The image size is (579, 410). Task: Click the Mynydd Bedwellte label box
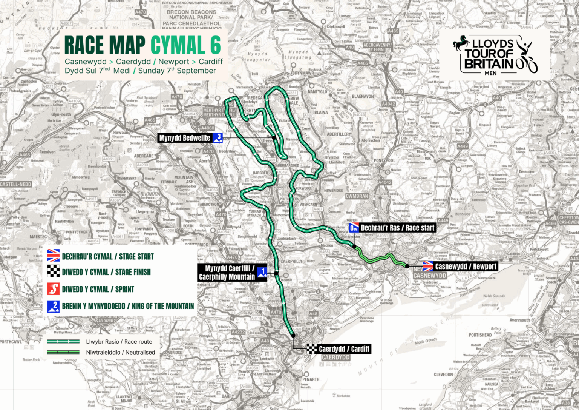(185, 138)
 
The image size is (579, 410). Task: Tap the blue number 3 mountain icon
(218, 138)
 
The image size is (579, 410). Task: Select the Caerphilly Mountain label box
(227, 273)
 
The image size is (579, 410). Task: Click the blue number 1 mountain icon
(262, 273)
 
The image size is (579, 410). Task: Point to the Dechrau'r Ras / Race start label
(397, 228)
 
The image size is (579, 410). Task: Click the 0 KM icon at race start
(354, 228)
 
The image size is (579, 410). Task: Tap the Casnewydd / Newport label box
(466, 267)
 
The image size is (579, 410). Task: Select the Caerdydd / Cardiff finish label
(344, 349)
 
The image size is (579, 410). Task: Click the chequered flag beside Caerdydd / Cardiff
(311, 349)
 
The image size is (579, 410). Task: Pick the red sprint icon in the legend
(54, 289)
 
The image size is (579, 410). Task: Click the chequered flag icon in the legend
(54, 272)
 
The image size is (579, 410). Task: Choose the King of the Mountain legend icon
(54, 306)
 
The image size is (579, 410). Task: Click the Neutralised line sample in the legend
(63, 352)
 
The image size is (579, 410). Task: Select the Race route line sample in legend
(63, 342)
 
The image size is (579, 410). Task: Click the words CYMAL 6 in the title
(186, 45)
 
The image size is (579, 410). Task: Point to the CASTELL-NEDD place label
(16, 184)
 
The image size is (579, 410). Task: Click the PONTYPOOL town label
(384, 160)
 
